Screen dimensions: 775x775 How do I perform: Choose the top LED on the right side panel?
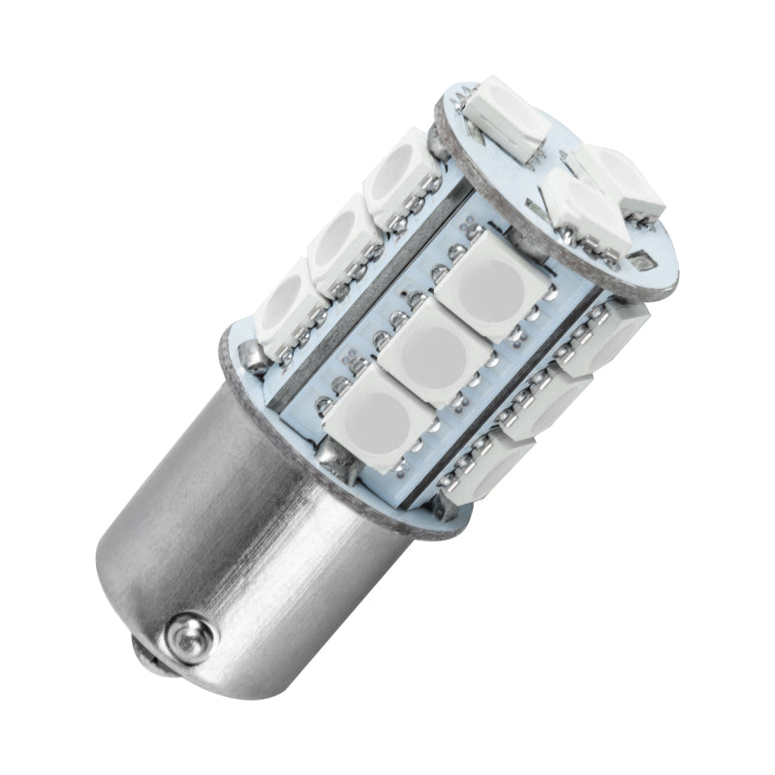[605, 334]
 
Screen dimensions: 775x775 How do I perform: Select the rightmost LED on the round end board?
[620, 181]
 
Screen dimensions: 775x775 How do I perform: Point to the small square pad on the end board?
[638, 260]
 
